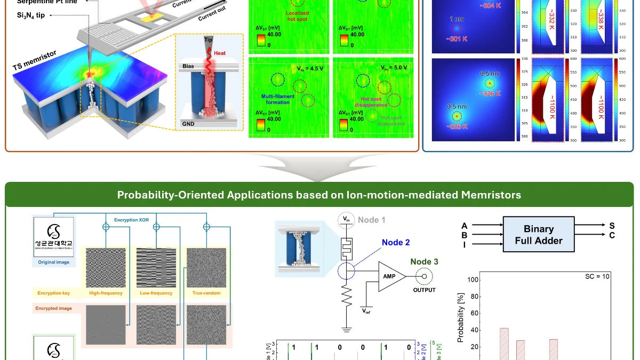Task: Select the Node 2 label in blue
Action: (x=396, y=242)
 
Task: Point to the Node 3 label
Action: (x=425, y=261)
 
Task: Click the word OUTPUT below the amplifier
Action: (x=424, y=290)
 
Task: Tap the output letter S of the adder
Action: (x=604, y=225)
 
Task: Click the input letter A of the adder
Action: (x=465, y=225)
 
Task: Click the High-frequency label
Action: (x=106, y=293)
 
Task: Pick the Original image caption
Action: (x=54, y=262)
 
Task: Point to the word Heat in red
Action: (x=220, y=53)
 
